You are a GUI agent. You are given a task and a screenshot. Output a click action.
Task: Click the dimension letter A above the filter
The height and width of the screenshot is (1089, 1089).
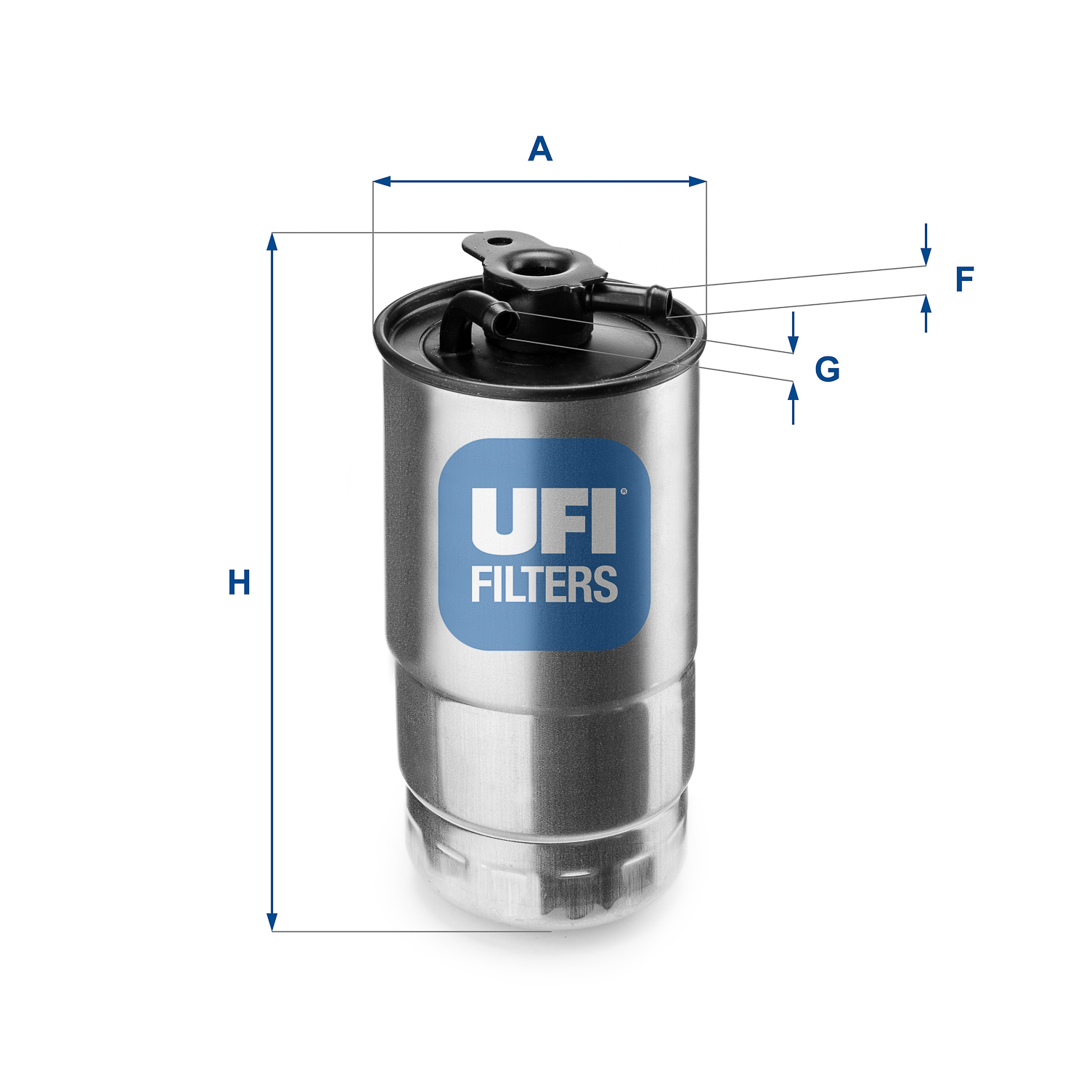coord(540,150)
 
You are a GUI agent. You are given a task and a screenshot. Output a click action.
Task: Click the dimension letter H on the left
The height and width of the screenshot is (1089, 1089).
coord(239,582)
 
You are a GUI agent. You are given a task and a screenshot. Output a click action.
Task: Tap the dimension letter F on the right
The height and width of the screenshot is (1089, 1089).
coord(964,280)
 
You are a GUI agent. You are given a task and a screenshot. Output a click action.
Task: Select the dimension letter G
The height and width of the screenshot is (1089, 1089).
coord(827,370)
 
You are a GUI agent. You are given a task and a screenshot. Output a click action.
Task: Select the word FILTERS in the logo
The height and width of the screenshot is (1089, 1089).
coord(544,585)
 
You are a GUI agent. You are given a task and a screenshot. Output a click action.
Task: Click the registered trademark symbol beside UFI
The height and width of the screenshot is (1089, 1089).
coord(623,492)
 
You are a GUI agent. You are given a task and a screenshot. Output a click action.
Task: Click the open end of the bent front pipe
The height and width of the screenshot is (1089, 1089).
coord(505,320)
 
